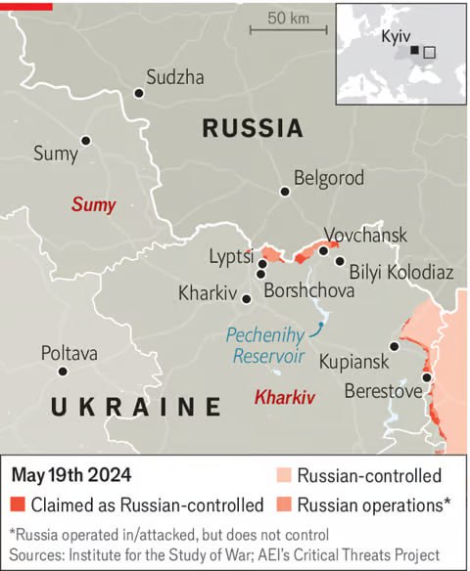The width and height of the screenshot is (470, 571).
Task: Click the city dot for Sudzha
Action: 139,93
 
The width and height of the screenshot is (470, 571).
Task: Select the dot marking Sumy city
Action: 86,141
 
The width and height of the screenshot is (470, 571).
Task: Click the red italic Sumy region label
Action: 93,205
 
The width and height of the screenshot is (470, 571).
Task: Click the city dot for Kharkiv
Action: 247,299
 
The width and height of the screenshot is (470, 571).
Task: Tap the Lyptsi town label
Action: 231,257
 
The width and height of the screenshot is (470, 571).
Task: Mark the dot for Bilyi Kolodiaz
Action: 340,261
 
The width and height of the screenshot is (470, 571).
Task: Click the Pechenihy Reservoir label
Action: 266,344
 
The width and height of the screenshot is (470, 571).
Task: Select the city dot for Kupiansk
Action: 395,346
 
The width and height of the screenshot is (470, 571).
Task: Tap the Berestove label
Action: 384,391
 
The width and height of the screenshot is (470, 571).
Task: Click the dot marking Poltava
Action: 63,372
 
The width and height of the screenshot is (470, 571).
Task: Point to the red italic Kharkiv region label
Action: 284,397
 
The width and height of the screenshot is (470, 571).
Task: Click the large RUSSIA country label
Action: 252,128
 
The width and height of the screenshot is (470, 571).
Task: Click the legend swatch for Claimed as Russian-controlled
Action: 19,505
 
